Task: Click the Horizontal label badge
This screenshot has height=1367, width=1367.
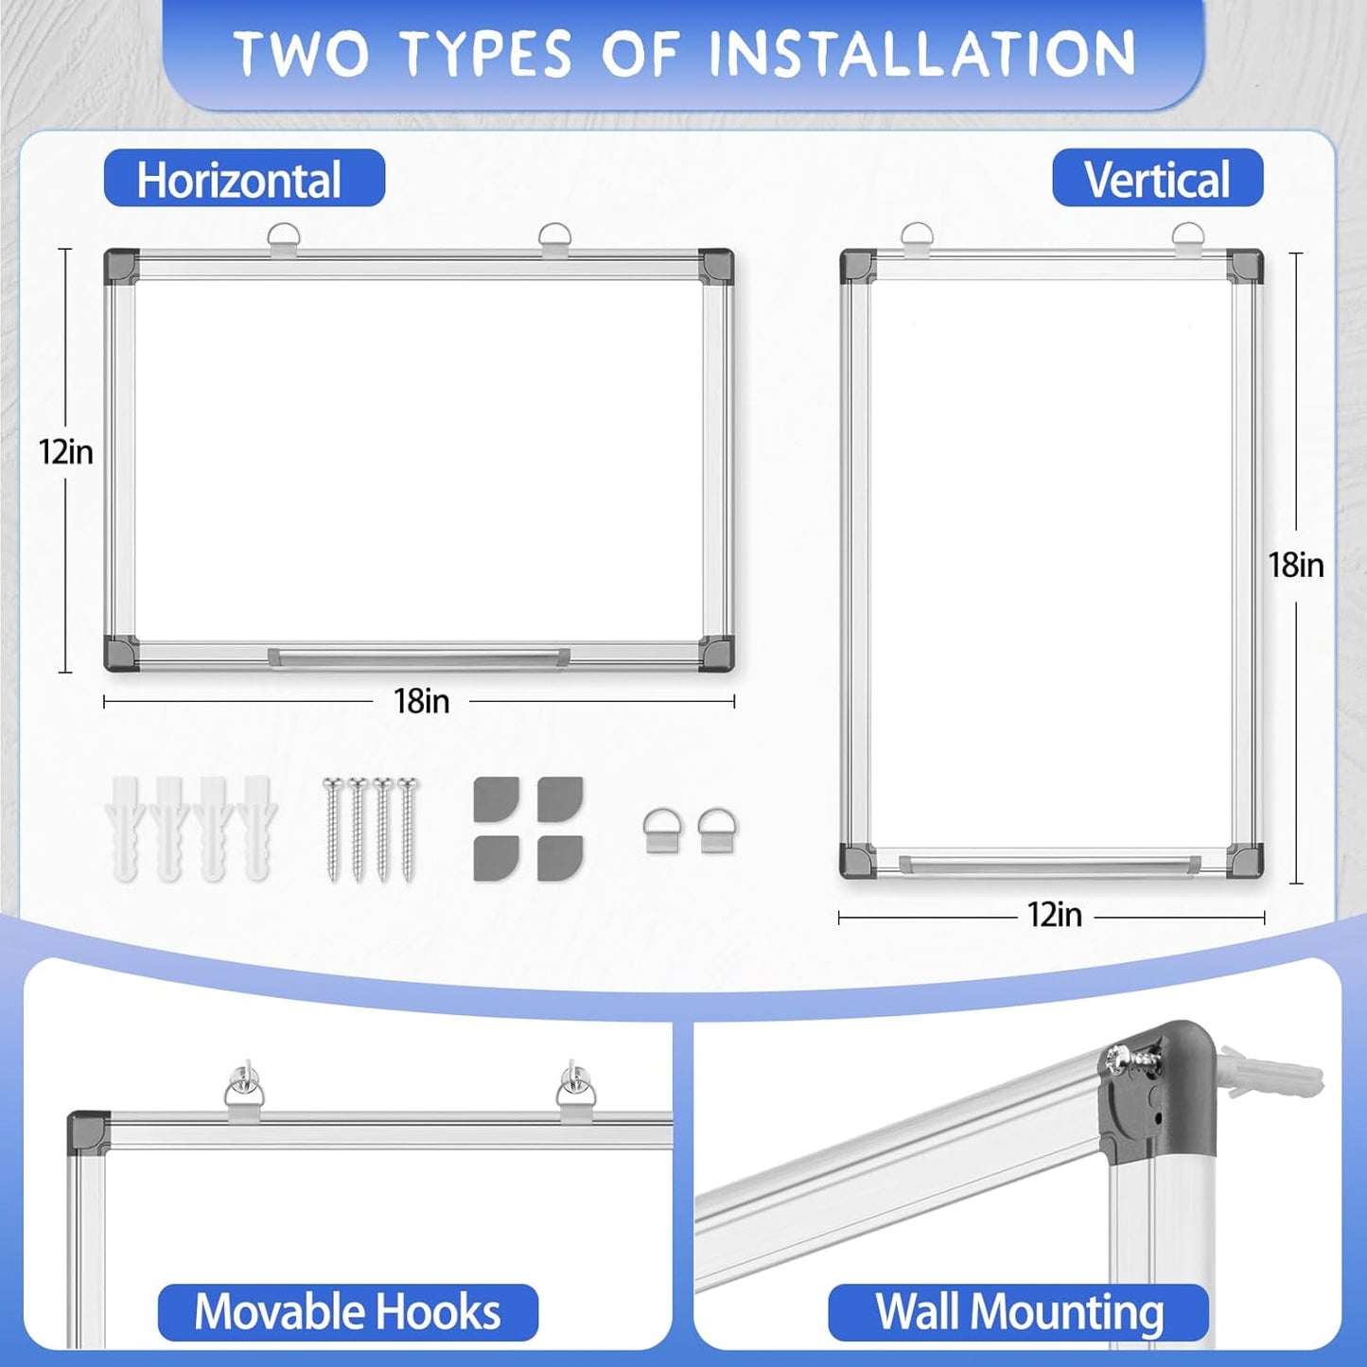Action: click(244, 179)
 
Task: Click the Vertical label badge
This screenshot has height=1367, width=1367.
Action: click(1157, 179)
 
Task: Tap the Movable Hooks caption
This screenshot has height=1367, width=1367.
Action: click(347, 1312)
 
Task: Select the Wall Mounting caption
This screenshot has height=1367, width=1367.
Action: click(1018, 1312)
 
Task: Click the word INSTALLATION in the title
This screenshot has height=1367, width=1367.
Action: click(921, 53)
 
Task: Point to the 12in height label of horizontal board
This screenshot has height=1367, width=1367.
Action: click(66, 452)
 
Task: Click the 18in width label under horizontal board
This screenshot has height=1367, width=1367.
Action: click(421, 701)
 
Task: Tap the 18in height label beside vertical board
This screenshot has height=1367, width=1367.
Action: click(1295, 565)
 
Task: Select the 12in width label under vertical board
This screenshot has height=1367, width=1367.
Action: click(1055, 915)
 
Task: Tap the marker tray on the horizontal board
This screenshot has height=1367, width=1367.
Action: click(418, 656)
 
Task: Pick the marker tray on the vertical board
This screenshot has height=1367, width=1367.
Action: click(1049, 864)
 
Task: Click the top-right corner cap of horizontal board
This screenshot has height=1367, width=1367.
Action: click(716, 264)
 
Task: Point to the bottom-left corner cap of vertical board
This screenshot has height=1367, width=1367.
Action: click(857, 860)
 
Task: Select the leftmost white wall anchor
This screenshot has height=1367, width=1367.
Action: click(125, 829)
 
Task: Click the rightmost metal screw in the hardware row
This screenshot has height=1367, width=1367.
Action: click(407, 829)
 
